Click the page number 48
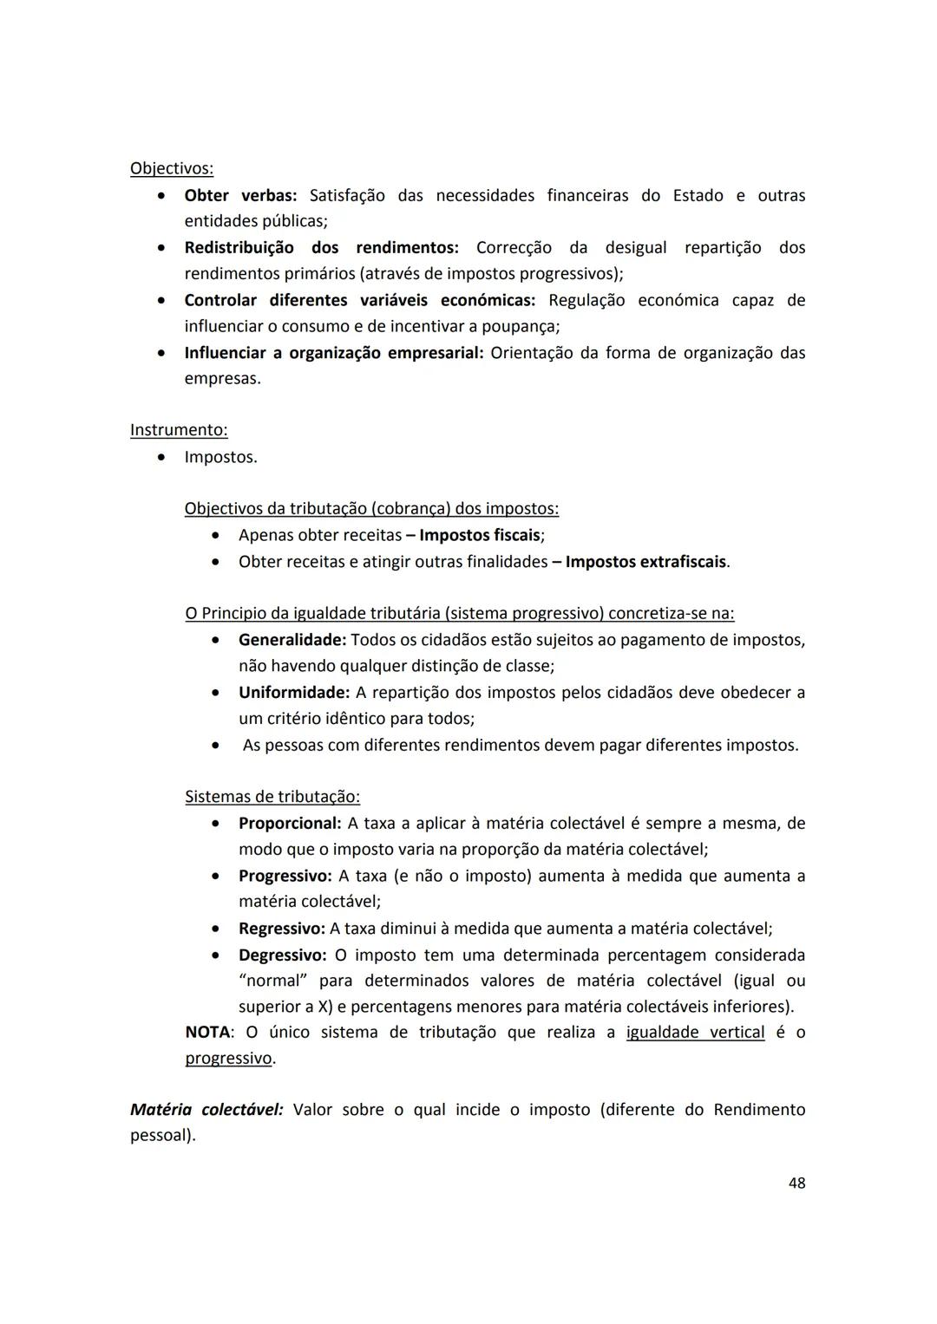(796, 1183)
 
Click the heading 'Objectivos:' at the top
(171, 168)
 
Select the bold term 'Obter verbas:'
(240, 195)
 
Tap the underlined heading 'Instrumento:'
(179, 430)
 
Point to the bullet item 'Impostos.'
(220, 457)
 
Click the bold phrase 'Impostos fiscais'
(480, 535)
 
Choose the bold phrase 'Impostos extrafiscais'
(645, 562)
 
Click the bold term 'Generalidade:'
(292, 640)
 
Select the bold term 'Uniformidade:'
(294, 693)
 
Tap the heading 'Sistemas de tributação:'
(272, 797)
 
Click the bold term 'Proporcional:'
(290, 823)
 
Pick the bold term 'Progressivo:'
(285, 876)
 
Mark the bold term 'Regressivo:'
(282, 929)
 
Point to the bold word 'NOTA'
(207, 1033)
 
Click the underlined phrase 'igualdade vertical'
(695, 1033)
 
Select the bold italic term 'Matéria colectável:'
(206, 1110)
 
